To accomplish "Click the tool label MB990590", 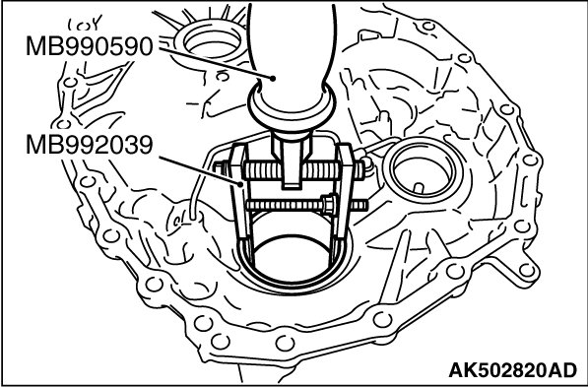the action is click(x=90, y=46).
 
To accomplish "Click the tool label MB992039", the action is click(x=90, y=145).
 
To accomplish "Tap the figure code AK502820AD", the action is click(x=512, y=370).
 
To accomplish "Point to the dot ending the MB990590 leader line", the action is click(x=273, y=79).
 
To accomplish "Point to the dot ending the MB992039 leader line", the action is click(x=240, y=184).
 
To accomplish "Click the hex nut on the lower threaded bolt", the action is click(x=329, y=205).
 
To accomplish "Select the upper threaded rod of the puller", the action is click(x=303, y=170).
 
